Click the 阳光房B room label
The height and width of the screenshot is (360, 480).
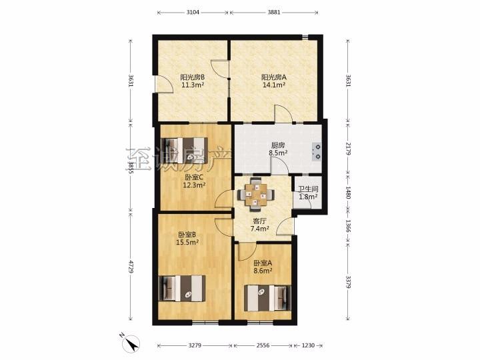coord(192,77)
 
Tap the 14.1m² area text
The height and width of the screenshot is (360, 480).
coord(274,85)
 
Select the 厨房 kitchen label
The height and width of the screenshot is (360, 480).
coord(277,145)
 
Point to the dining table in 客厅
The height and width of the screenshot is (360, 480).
coord(255,195)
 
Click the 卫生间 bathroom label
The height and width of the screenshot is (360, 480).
coord(308,189)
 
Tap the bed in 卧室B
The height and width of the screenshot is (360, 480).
coord(183,289)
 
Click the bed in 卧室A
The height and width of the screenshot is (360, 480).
coord(267,298)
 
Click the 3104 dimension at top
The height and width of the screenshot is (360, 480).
coord(193,12)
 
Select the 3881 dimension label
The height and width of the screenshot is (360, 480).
coord(274,12)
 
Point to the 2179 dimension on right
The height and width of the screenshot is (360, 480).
coord(348,149)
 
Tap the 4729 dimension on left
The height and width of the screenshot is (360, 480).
coord(131,267)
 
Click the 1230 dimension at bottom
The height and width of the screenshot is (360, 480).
coord(308,345)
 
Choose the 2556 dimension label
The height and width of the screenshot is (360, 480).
coord(263,345)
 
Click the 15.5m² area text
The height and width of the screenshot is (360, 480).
coord(187,243)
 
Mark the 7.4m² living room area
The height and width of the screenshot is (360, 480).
coord(259,228)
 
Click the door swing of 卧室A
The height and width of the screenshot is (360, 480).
coord(246,251)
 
